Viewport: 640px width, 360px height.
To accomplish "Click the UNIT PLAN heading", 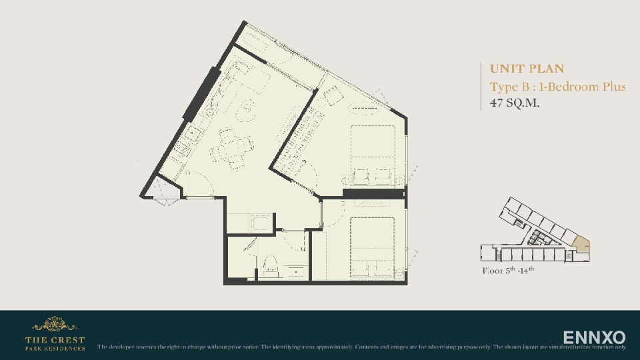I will [x=527, y=69].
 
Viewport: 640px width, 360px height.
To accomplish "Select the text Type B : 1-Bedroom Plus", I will [x=557, y=87].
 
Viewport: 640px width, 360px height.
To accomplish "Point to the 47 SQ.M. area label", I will [x=514, y=103].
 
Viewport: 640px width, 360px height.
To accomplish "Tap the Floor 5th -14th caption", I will [x=508, y=271].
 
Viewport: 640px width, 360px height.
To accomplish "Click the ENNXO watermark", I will [x=594, y=337].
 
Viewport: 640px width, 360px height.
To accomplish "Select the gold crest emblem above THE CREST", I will [x=55, y=325].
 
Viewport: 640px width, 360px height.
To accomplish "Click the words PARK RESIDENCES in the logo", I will [x=55, y=348].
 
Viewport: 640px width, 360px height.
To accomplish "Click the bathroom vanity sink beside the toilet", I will [x=295, y=270].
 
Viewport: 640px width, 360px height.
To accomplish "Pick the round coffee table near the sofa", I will [x=245, y=109].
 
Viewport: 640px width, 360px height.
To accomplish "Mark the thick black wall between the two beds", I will [x=373, y=194].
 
